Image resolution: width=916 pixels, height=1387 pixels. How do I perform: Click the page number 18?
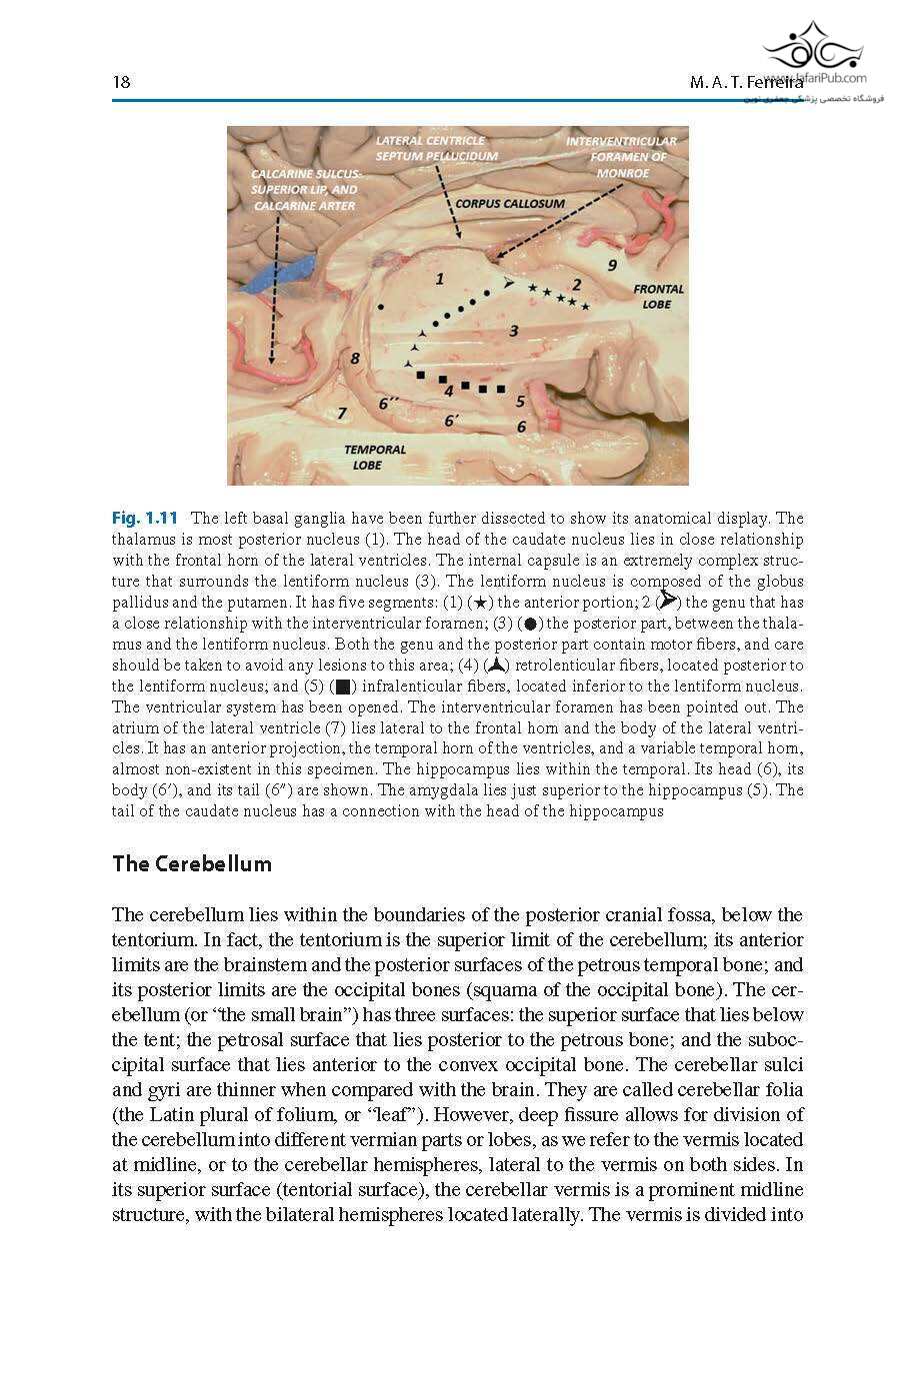tap(121, 82)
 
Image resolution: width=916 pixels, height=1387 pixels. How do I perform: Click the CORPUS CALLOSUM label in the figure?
tap(510, 203)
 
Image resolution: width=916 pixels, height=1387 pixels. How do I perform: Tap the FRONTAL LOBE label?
tap(658, 296)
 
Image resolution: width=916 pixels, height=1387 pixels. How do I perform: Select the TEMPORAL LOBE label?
tap(375, 457)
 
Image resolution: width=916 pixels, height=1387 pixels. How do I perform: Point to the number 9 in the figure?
tap(613, 265)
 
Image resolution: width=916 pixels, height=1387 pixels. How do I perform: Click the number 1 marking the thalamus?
tap(439, 279)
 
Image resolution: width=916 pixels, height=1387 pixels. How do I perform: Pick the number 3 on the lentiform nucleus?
tap(513, 331)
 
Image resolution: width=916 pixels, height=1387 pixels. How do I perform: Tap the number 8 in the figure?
tap(354, 358)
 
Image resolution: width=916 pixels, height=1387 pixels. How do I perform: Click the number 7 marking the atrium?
tap(342, 413)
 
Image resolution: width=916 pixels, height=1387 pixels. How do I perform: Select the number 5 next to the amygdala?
tap(520, 401)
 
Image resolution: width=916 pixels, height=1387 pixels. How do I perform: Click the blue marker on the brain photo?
tap(285, 272)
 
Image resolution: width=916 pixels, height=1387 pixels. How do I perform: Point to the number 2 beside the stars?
tap(576, 285)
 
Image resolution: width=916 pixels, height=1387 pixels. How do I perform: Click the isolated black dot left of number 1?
tap(381, 304)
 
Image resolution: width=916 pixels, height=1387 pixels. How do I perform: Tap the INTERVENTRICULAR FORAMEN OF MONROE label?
tap(621, 157)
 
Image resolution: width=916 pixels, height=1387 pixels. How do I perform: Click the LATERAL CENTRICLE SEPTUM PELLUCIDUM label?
tap(436, 148)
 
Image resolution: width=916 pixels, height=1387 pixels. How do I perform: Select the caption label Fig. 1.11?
tap(144, 518)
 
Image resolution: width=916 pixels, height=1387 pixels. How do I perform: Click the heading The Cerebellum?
tap(191, 863)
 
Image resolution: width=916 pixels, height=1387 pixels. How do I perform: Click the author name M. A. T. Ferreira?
tap(745, 82)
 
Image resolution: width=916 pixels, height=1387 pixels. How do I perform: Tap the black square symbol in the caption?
tap(343, 687)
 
